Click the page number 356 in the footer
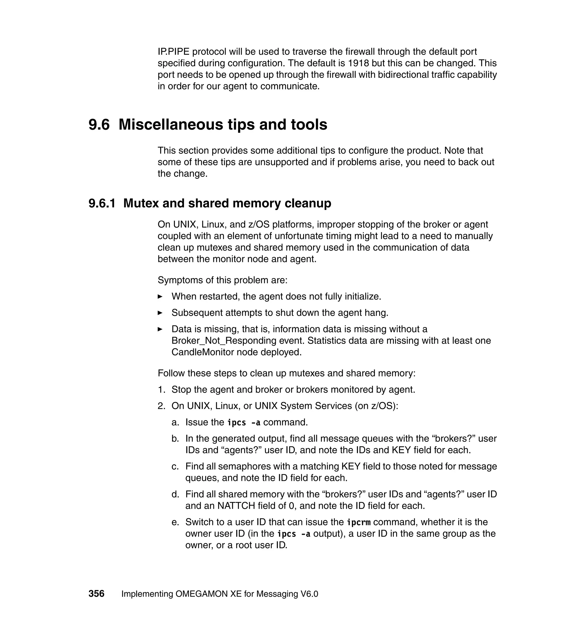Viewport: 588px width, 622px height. pos(96,594)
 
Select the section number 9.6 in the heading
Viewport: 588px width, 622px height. pos(99,124)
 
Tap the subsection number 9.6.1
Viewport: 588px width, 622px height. pos(102,203)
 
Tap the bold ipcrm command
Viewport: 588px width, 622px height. pos(359,522)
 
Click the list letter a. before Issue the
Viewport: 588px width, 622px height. pos(175,422)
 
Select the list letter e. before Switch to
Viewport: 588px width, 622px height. pos(175,522)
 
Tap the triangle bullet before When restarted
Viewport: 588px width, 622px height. pos(160,296)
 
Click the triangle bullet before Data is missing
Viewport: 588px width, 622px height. pos(160,329)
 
